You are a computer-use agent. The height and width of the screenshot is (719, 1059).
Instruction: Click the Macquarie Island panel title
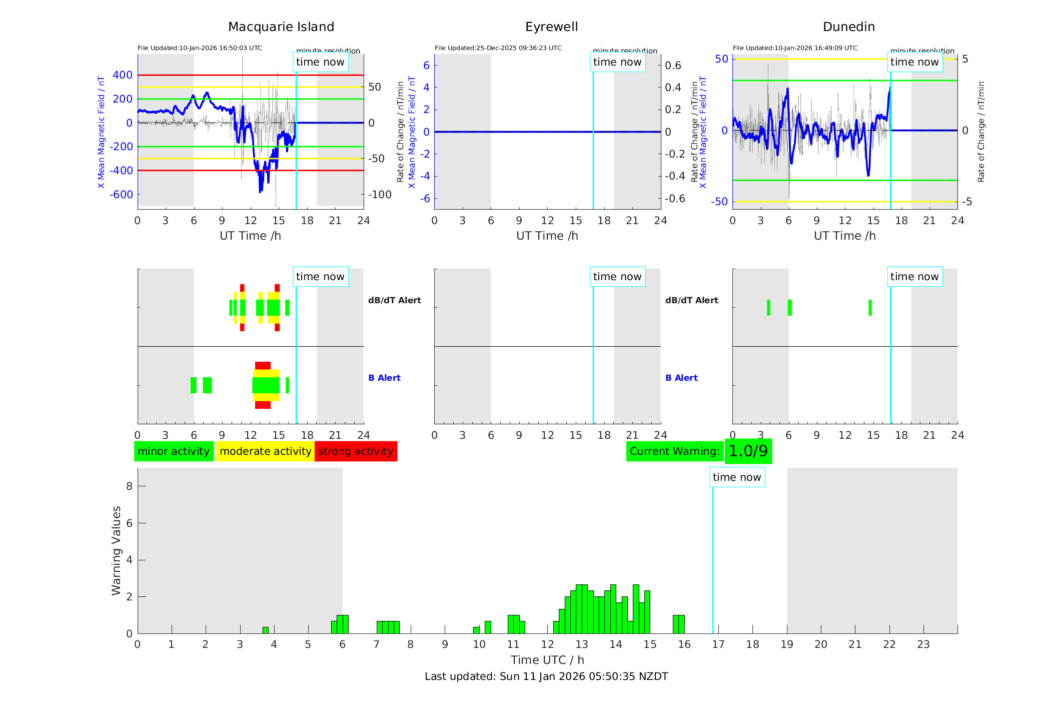[x=281, y=27]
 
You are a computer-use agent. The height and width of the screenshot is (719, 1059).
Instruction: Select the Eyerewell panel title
[x=551, y=27]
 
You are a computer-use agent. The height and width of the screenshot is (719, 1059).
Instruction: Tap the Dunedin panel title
[x=848, y=27]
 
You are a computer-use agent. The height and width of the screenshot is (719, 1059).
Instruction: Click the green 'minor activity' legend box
[x=174, y=451]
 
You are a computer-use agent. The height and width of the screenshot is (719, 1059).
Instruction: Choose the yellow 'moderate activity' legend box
[x=265, y=451]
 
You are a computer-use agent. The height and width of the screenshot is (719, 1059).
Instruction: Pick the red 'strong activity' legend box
[x=356, y=451]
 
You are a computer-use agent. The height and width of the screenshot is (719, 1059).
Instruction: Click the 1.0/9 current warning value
[x=748, y=451]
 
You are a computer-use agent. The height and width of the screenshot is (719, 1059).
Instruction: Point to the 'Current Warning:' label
[x=674, y=451]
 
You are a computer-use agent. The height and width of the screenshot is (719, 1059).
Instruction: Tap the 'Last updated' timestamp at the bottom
[x=546, y=676]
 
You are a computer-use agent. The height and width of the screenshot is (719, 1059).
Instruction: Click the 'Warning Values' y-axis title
[x=117, y=550]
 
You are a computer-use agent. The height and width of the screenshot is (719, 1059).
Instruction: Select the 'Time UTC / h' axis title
[x=547, y=660]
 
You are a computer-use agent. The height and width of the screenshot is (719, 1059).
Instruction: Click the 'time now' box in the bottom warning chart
[x=737, y=477]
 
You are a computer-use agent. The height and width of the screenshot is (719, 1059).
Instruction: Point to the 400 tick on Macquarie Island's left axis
[x=123, y=75]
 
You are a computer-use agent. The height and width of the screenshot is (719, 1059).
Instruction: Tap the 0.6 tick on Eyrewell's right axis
[x=673, y=66]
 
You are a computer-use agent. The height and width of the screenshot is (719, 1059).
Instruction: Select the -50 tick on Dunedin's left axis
[x=721, y=202]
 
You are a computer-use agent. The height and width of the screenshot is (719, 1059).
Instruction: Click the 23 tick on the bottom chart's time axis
[x=923, y=644]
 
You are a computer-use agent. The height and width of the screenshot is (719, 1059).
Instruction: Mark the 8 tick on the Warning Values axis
[x=130, y=486]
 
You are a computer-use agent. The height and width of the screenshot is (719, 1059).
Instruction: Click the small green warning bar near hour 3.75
[x=266, y=630]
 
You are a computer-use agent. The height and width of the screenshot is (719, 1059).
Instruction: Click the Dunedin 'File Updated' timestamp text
[x=795, y=48]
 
